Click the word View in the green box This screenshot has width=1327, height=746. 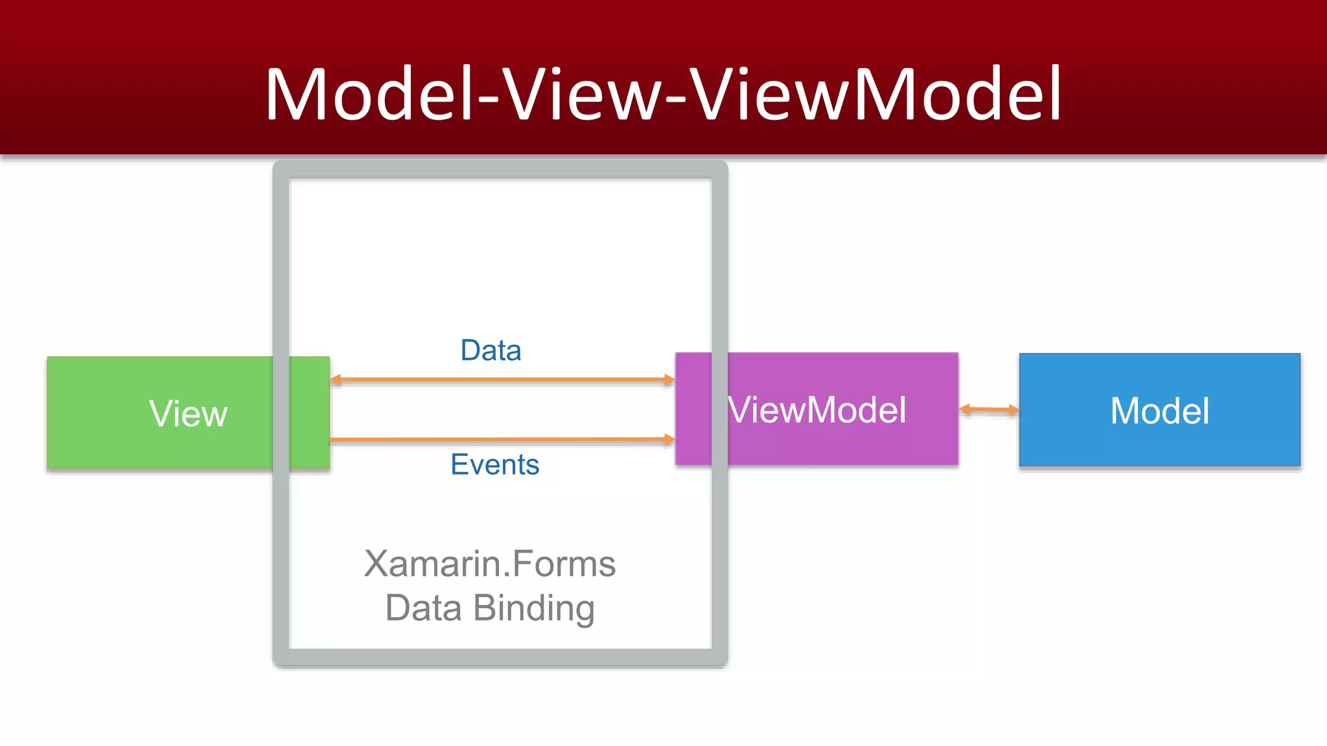[x=188, y=414]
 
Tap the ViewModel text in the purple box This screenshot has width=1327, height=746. [x=816, y=410]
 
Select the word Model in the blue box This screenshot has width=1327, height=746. [x=1159, y=411]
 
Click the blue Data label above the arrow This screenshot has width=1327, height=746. [x=490, y=350]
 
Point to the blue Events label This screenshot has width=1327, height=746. [x=494, y=464]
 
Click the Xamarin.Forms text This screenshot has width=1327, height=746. [x=490, y=563]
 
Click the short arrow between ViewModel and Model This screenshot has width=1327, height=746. [x=989, y=409]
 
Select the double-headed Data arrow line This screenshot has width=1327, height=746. [x=502, y=379]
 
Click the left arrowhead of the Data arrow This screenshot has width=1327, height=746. [x=336, y=379]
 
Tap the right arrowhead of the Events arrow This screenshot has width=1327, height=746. [x=669, y=439]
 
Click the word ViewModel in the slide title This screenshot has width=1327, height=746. [x=875, y=94]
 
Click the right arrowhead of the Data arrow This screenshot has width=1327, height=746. [x=669, y=379]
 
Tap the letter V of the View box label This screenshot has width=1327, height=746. [x=159, y=413]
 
